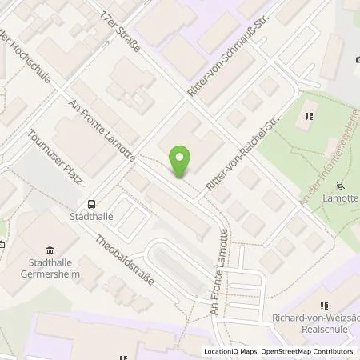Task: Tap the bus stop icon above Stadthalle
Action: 92,205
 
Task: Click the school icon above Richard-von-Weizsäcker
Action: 325,306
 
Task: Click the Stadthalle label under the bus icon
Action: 92,216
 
